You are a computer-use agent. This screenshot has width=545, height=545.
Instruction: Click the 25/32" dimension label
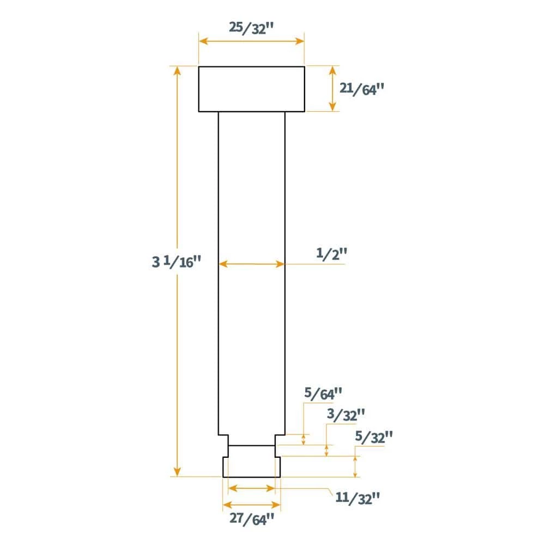(x=251, y=28)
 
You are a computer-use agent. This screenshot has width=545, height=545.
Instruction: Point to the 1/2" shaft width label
(x=331, y=254)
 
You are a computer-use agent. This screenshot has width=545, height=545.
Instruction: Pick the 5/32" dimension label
(x=373, y=437)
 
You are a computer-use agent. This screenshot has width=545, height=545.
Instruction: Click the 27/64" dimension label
(x=251, y=520)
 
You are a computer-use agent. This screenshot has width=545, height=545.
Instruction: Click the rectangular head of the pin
(x=251, y=89)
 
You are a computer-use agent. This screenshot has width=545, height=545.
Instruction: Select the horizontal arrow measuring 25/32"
(x=251, y=41)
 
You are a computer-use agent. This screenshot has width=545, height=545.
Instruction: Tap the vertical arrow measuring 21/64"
(x=332, y=88)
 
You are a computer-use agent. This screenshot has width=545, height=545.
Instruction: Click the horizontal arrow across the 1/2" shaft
(x=251, y=264)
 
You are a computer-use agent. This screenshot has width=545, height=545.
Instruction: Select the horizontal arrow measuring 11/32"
(x=251, y=488)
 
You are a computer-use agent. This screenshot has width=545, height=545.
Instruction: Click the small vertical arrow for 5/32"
(x=355, y=467)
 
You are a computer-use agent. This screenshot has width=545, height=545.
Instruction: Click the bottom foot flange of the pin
(x=251, y=467)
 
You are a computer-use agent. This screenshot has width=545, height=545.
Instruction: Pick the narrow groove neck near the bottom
(x=251, y=451)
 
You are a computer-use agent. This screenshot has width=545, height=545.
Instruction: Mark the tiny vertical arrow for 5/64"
(x=304, y=439)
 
